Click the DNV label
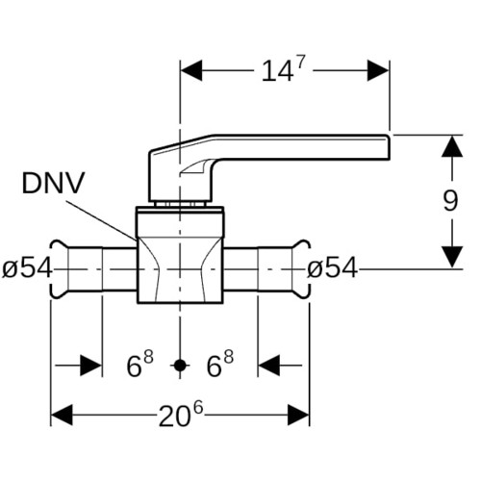[53, 183]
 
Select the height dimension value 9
[451, 201]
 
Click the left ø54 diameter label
[27, 268]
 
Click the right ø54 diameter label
[332, 268]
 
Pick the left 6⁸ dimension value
[140, 364]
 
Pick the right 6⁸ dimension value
[220, 364]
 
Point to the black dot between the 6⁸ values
[180, 366]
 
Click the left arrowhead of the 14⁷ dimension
[191, 70]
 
